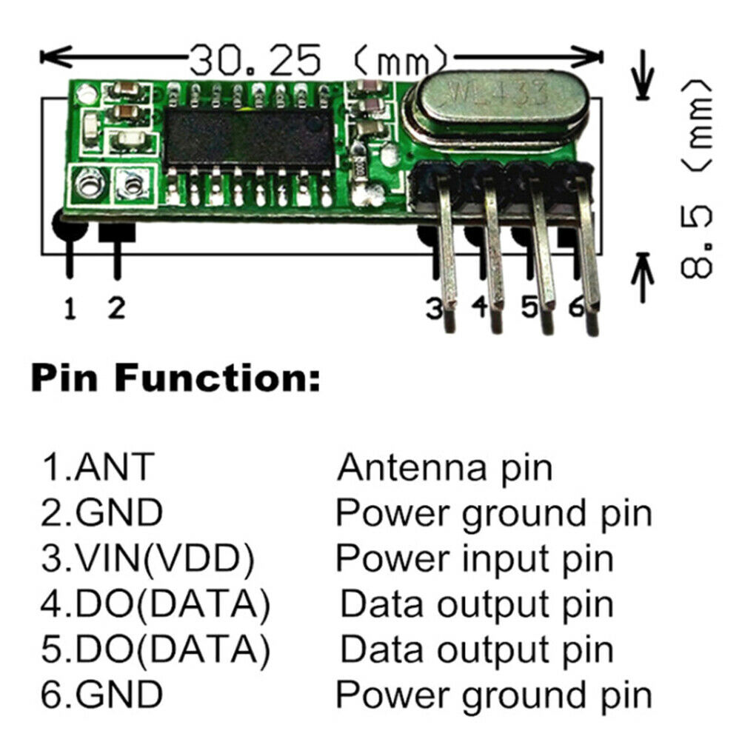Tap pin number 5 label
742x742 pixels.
(x=528, y=307)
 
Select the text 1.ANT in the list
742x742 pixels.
(x=97, y=467)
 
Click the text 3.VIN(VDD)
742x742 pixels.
(x=147, y=559)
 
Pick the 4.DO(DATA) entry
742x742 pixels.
(x=155, y=605)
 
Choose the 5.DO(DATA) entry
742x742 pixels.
(x=155, y=650)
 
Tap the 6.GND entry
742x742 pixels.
(x=101, y=695)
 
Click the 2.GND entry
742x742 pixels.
(x=101, y=512)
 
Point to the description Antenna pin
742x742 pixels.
(x=445, y=467)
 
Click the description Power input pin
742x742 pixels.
(x=475, y=559)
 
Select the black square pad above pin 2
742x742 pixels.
(x=117, y=230)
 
